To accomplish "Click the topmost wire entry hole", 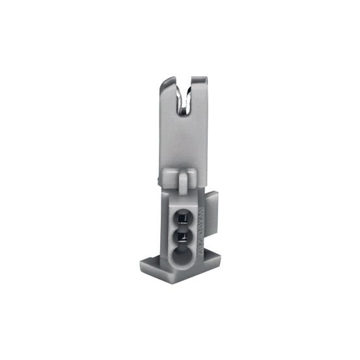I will [x=182, y=217].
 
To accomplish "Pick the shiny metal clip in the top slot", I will [x=186, y=104].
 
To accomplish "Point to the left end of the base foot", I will [x=145, y=265].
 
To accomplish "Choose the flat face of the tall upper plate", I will [x=184, y=143].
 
